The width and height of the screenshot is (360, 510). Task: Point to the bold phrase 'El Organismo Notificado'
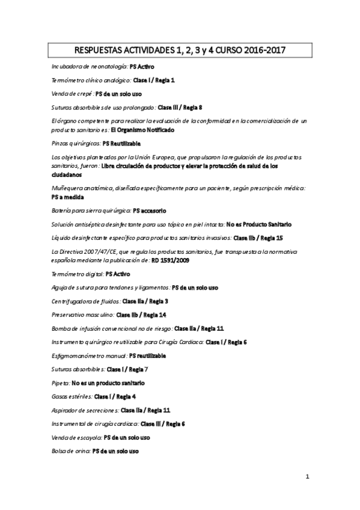142,130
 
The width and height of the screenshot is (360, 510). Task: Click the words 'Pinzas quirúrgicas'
76,144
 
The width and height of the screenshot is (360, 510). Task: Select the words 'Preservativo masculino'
83,315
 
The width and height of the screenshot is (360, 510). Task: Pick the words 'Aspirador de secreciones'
85,410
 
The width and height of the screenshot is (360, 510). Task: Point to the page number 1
307,478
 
